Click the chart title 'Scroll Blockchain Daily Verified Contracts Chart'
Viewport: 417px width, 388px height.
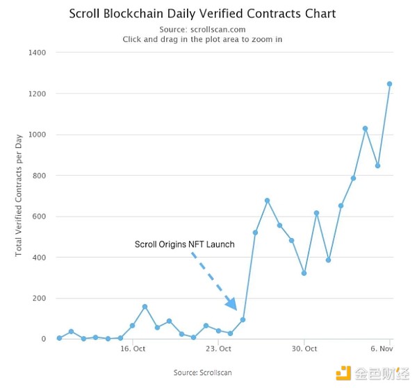coord(202,13)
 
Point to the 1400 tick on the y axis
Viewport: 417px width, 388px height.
coord(36,53)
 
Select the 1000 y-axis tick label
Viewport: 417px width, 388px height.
coord(36,135)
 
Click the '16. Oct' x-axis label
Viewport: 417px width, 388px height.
coord(133,349)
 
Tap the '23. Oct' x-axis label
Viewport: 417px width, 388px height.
coord(219,349)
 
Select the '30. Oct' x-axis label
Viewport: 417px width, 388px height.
coord(304,349)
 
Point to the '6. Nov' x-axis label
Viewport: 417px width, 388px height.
coord(382,349)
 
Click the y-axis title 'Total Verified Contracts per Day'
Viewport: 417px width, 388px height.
coord(19,195)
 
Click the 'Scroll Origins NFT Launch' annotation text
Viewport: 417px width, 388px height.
coord(184,244)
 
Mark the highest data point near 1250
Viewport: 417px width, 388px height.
coord(390,84)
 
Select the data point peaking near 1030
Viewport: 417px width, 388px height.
coord(365,128)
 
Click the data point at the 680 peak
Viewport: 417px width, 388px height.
coord(268,201)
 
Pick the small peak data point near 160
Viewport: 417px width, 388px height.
coord(145,306)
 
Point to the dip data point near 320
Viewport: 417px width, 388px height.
coord(304,273)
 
